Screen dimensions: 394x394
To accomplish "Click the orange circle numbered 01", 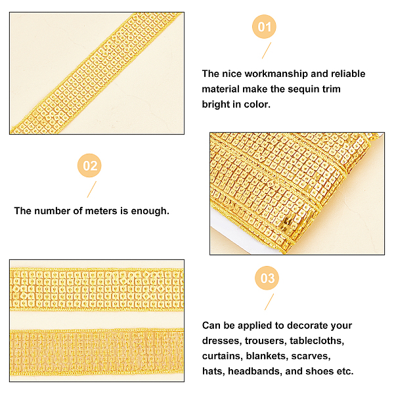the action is coord(264,27).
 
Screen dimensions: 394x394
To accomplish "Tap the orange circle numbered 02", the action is coord(89,165).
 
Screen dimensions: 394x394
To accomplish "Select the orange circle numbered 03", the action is coord(267,278).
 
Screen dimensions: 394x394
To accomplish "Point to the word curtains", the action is coord(223,356).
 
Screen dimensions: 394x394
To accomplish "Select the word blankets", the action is coord(267,356).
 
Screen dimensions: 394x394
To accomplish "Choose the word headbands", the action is coord(255,371).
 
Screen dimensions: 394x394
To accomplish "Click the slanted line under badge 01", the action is coord(267,51).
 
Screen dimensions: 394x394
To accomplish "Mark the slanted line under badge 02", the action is coord(92,190).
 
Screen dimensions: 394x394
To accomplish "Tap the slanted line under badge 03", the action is coord(269,302).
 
